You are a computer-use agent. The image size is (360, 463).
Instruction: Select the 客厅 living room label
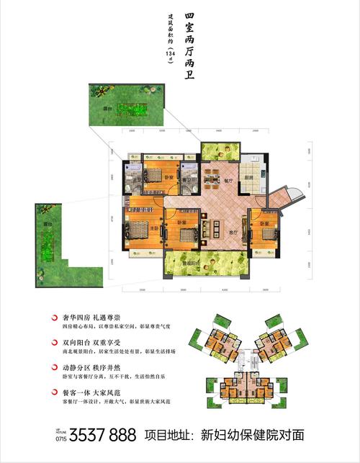point(233,232)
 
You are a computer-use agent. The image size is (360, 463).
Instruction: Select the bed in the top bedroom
point(153,175)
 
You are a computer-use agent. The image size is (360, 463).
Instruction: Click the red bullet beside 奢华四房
point(56,317)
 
